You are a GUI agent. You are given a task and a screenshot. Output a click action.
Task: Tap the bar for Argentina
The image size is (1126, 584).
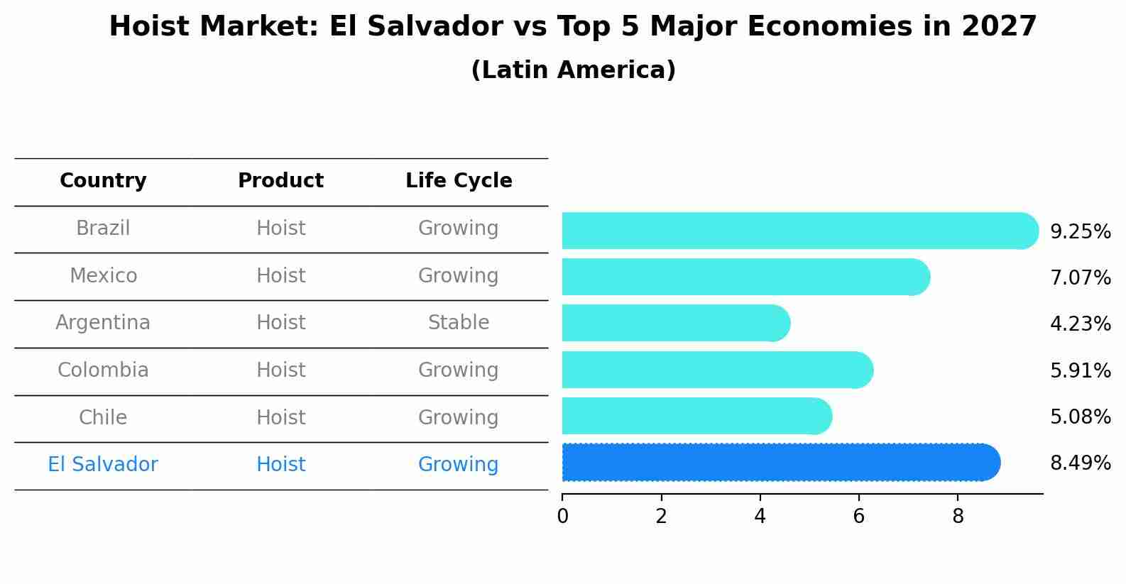674,324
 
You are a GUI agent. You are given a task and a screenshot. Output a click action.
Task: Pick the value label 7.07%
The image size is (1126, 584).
1080,277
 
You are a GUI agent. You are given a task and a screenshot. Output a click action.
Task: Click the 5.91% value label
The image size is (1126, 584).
1080,370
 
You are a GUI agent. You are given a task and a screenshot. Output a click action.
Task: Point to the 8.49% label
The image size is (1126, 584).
1080,463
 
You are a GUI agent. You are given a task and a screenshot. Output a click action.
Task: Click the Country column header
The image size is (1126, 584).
103,181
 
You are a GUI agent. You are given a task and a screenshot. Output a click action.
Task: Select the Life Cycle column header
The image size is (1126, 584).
459,181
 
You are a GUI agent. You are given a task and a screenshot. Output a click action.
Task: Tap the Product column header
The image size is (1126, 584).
280,181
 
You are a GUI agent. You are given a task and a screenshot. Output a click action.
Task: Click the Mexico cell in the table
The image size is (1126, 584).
103,276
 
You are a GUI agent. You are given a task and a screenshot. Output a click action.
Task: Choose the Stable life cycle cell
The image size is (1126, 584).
459,323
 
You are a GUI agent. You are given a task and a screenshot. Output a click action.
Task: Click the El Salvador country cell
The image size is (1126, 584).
103,465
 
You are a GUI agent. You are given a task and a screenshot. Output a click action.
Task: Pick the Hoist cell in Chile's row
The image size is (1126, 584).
280,417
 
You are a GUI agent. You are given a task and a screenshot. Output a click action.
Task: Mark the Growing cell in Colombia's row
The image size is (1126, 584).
459,370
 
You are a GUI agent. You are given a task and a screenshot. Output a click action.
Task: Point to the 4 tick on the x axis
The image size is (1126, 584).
760,516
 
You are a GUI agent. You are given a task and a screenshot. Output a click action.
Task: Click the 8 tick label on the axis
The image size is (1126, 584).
958,516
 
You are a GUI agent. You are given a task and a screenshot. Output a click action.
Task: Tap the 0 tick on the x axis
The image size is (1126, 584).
562,516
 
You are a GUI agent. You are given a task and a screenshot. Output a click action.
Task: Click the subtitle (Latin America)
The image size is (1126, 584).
573,70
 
